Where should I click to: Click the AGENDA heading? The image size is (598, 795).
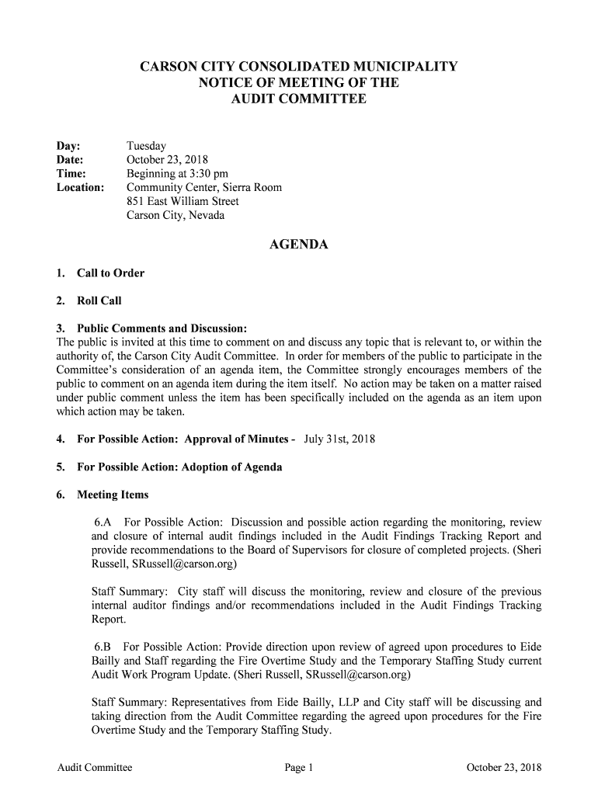(x=298, y=245)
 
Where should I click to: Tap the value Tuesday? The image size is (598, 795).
(x=146, y=146)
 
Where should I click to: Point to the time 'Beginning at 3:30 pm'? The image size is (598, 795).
(x=177, y=174)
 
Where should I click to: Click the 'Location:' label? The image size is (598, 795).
(x=80, y=188)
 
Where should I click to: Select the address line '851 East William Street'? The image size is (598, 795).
(x=183, y=202)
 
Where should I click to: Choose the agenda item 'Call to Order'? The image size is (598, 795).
(x=110, y=273)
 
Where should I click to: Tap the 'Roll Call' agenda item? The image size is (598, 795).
(x=99, y=300)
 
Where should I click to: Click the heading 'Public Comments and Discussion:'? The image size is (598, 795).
(x=162, y=328)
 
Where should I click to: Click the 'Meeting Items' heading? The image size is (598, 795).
(x=113, y=495)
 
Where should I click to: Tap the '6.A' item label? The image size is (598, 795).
(x=104, y=522)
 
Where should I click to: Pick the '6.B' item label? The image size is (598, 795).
(x=104, y=647)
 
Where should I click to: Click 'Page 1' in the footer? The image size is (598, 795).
(x=298, y=769)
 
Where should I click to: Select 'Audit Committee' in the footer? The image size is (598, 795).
(x=95, y=769)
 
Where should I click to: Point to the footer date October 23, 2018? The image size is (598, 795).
(x=503, y=769)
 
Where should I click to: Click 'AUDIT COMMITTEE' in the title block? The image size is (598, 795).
(x=298, y=99)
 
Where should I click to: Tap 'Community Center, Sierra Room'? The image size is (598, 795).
(x=204, y=188)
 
